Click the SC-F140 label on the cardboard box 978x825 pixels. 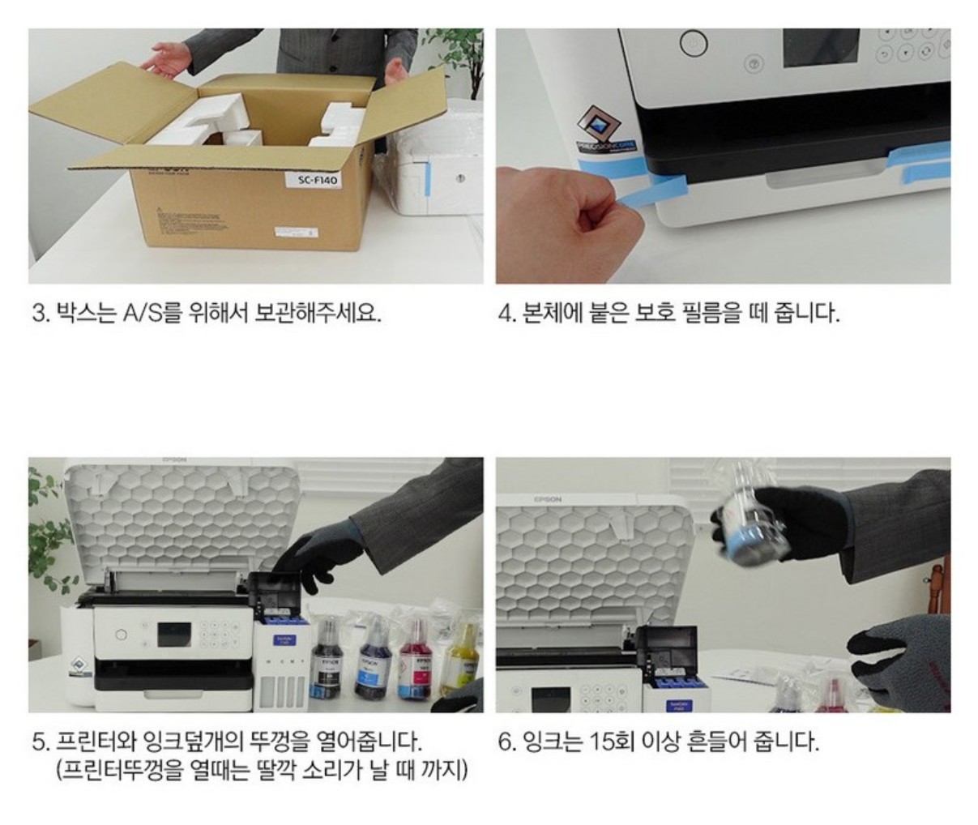(x=318, y=179)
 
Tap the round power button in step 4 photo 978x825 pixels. (x=694, y=45)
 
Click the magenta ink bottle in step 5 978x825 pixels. (x=416, y=660)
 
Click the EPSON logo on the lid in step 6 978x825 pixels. (x=547, y=499)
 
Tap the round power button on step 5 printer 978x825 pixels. (x=121, y=635)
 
